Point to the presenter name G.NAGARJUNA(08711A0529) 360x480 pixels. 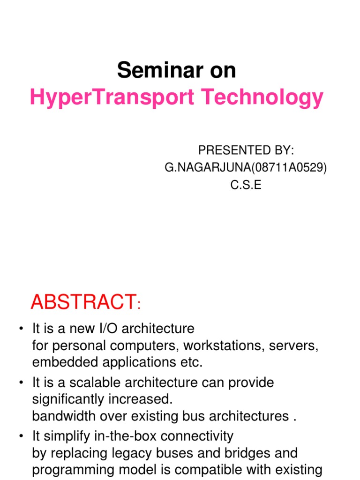point(245,168)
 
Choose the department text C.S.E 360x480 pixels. point(245,185)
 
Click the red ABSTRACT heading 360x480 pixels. point(83,302)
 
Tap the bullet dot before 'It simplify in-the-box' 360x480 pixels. point(21,437)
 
